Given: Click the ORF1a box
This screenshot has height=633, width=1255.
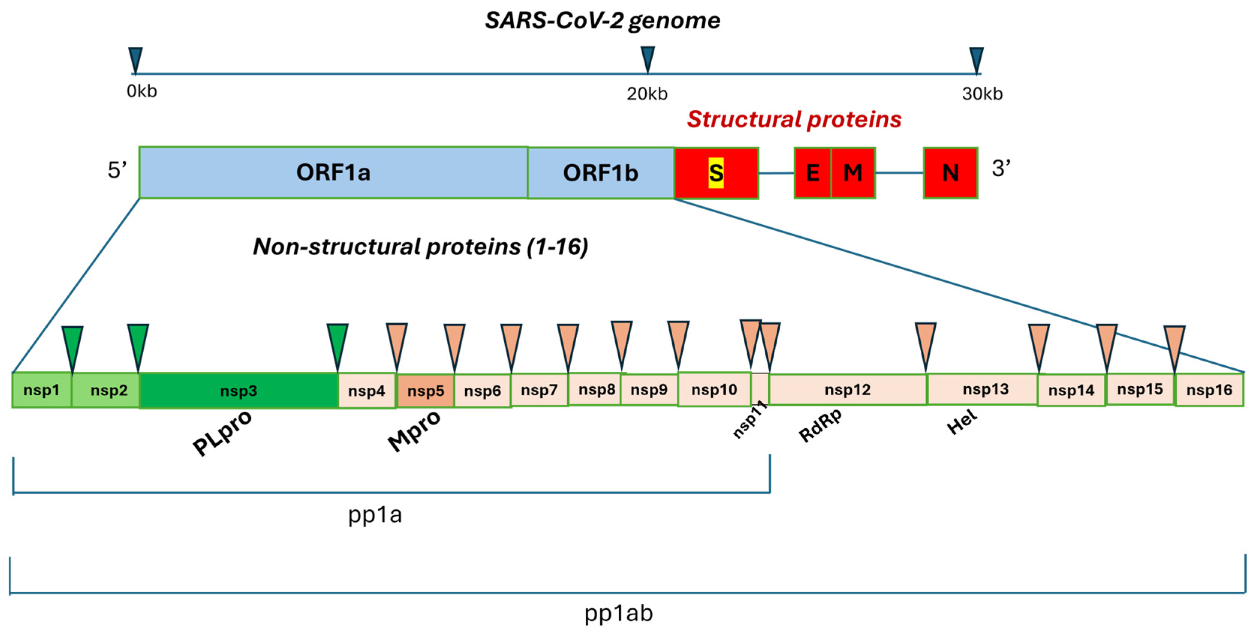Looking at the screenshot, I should point(333,172).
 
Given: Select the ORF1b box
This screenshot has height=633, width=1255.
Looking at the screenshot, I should point(600,173).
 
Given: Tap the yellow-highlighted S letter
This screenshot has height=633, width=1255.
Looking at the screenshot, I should point(716,173).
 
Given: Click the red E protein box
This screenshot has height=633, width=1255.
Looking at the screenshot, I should point(812,173).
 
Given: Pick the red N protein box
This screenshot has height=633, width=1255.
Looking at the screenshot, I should point(950,173).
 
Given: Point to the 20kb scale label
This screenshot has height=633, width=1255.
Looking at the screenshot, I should point(646,93).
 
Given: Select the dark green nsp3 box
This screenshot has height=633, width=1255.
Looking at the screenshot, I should point(238,390).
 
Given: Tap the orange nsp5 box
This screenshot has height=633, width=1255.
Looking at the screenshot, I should point(425,390).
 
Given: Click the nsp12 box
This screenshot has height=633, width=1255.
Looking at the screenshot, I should point(847,390).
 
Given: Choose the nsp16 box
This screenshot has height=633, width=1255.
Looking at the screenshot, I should point(1209,390).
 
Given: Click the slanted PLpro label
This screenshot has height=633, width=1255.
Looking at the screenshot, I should point(222,432).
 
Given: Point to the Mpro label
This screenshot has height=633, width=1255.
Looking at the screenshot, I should point(414,430).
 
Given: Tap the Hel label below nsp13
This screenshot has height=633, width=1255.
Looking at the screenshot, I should point(962,421).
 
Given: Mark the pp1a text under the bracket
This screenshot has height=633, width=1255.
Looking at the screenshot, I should point(375,514).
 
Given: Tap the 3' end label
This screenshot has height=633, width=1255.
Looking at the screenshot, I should point(1001,168).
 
